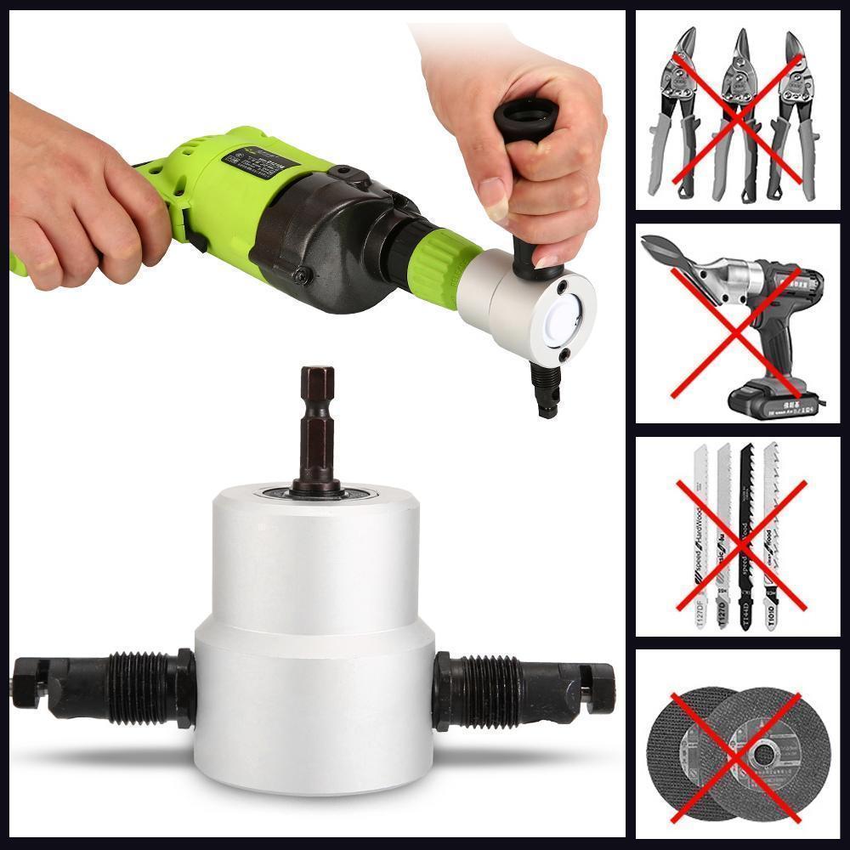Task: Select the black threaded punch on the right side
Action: [518, 684]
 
